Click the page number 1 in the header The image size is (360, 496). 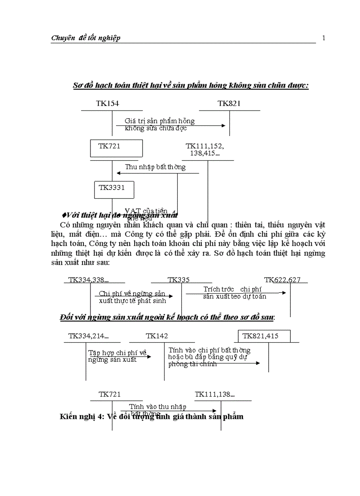pos(324,38)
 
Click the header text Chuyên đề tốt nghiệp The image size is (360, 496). pos(86,38)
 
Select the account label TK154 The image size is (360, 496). pos(107,103)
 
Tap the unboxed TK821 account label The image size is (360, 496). pos(229,103)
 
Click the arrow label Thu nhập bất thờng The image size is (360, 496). pos(155,167)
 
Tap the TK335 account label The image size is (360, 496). pos(179,280)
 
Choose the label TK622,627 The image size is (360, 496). pos(282,280)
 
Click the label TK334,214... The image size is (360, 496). pos(88,336)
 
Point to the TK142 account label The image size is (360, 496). pos(157,336)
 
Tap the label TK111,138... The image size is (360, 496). pos(215,394)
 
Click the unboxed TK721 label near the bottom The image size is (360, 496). pos(109,394)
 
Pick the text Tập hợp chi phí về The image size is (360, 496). pos(117,353)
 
